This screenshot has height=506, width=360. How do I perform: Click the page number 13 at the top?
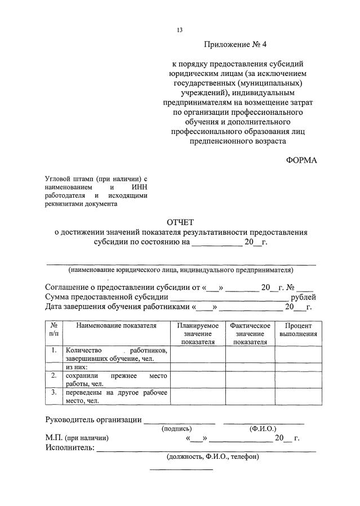pos(180,30)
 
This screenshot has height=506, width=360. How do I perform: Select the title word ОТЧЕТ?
pos(180,222)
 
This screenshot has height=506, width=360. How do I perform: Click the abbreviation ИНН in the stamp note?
pos(139,186)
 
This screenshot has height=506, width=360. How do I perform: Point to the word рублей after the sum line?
pos(303,297)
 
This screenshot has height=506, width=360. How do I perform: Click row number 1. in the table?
pos(53,350)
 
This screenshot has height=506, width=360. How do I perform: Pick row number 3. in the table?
pos(53,392)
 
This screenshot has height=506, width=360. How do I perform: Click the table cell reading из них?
pos(79,366)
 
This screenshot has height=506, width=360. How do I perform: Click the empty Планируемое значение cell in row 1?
pos(198,354)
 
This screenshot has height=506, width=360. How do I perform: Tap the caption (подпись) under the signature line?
pos(179,428)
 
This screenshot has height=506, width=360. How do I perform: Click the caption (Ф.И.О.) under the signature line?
pos(263,428)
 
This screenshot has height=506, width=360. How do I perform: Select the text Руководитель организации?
pos(93,419)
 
